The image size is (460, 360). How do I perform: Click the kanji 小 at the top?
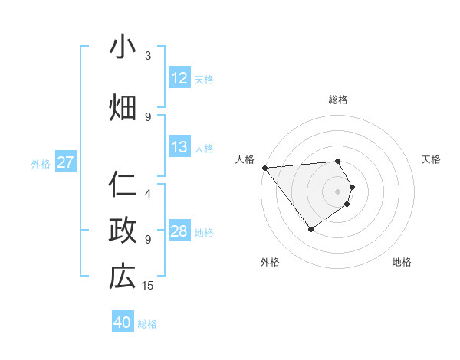(122, 47)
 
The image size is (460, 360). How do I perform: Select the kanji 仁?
(122, 185)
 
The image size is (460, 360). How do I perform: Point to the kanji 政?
(122, 231)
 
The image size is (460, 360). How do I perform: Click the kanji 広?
(122, 277)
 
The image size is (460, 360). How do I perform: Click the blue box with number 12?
(179, 78)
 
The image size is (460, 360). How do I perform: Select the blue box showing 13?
(179, 147)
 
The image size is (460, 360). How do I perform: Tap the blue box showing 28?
(179, 231)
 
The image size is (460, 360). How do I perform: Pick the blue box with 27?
(66, 162)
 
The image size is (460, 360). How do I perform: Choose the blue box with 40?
(123, 322)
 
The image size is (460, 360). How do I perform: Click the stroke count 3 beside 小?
(148, 56)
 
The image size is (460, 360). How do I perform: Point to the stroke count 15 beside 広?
(148, 286)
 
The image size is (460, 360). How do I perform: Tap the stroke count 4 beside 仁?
(148, 194)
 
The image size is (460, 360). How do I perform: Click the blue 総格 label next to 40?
(147, 324)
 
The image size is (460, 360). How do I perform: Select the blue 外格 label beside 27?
(41, 163)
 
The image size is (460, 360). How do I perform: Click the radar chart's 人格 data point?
(264, 167)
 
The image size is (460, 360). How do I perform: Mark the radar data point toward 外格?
(310, 229)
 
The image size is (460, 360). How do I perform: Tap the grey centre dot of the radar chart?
(338, 191)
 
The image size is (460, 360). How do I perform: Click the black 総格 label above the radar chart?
(338, 100)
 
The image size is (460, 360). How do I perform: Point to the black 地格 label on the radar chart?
(402, 262)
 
